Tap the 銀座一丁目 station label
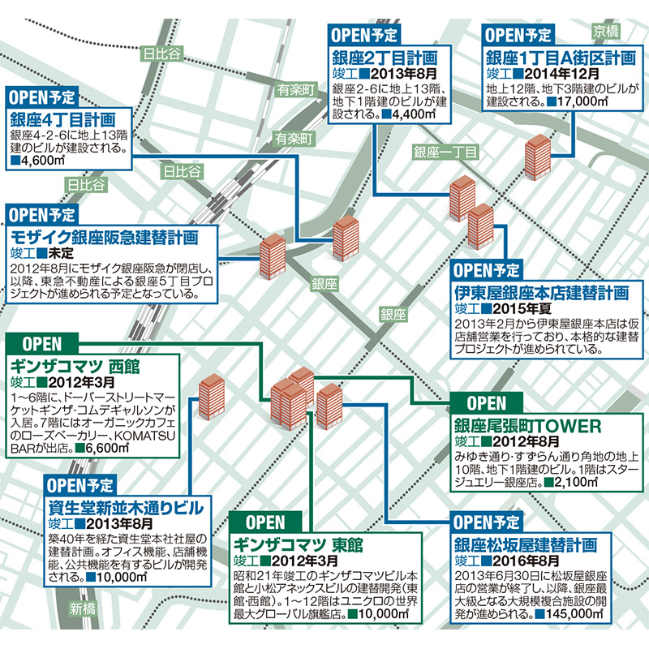pyautogui.click(x=445, y=153)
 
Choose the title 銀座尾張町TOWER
pyautogui.click(x=527, y=424)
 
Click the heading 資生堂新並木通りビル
pyautogui.click(x=127, y=508)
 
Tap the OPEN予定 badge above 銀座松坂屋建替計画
pyautogui.click(x=487, y=522)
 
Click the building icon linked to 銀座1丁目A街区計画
pyautogui.click(x=537, y=157)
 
